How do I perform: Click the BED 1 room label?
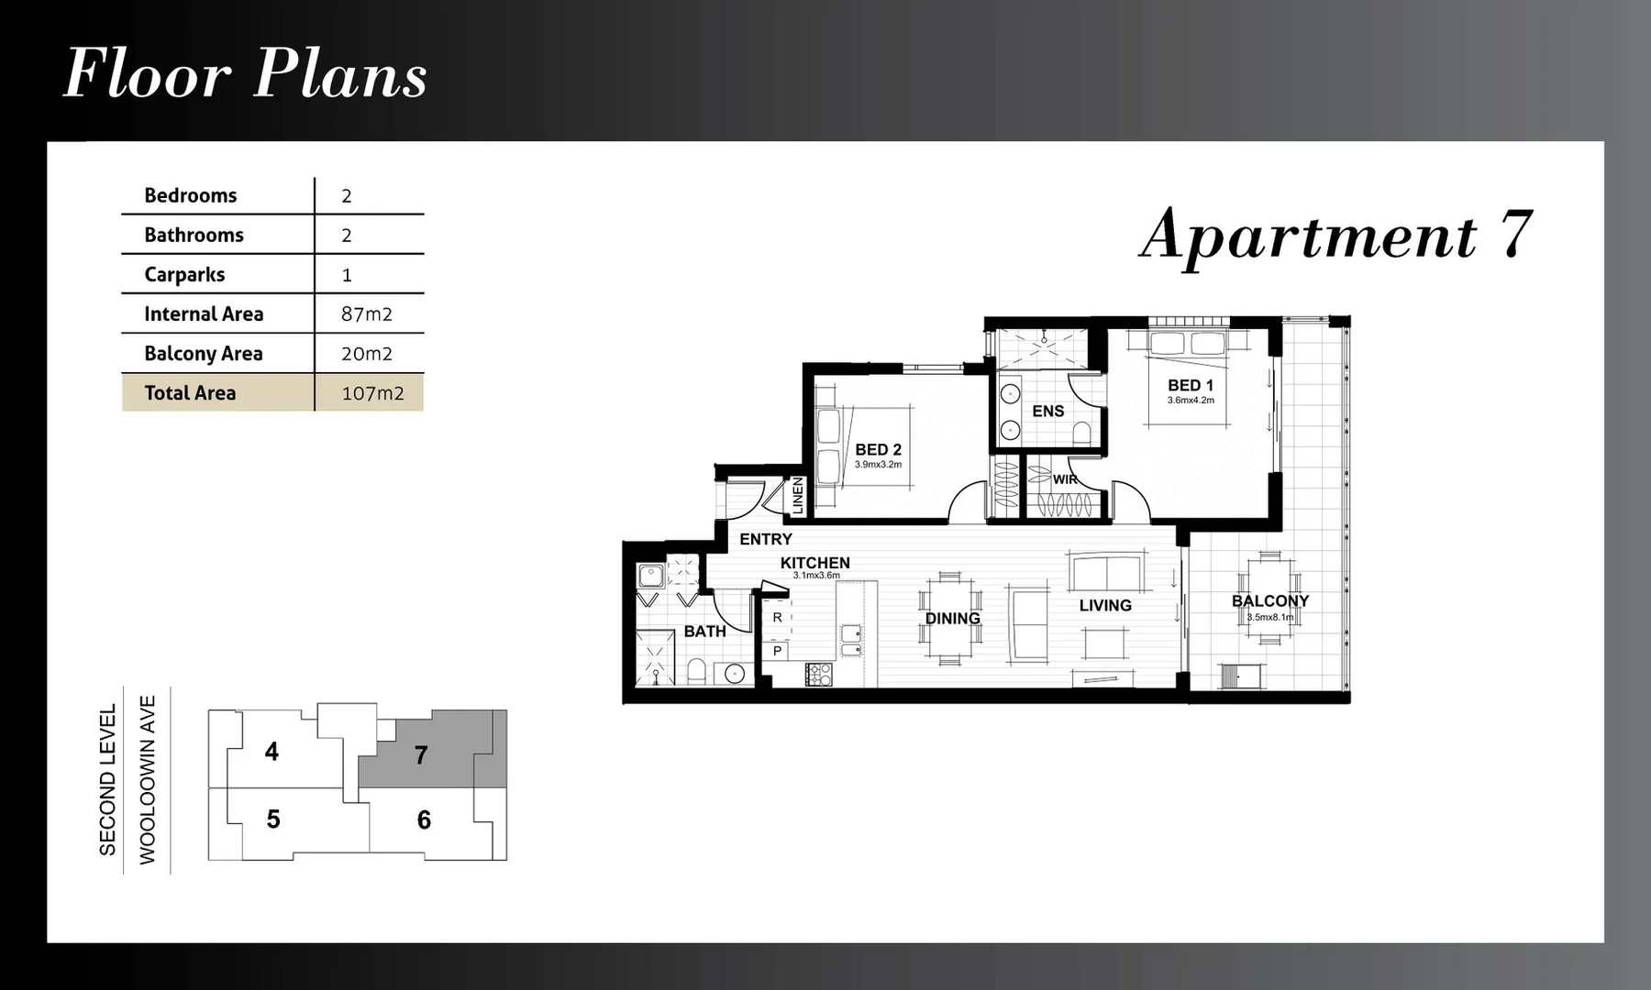[x=1190, y=386]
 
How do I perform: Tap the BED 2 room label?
[x=878, y=450]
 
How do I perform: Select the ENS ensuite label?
[x=1047, y=412]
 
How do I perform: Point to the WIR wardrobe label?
[x=1065, y=479]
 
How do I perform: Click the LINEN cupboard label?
[x=797, y=495]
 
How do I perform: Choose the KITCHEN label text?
[x=814, y=563]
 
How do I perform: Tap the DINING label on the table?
[x=952, y=619]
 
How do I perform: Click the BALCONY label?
[x=1269, y=601]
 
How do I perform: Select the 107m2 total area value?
[x=372, y=393]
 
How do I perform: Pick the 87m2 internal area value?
[x=366, y=314]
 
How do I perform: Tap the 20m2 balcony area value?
[x=366, y=354]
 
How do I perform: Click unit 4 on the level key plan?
[x=271, y=752]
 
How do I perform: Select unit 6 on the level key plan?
[x=424, y=819]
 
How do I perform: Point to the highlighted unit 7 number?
[x=421, y=754]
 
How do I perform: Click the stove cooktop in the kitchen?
[x=818, y=675]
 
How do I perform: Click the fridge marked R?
[x=777, y=618]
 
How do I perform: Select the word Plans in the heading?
[x=339, y=75]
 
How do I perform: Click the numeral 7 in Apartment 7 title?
[x=1515, y=235]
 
